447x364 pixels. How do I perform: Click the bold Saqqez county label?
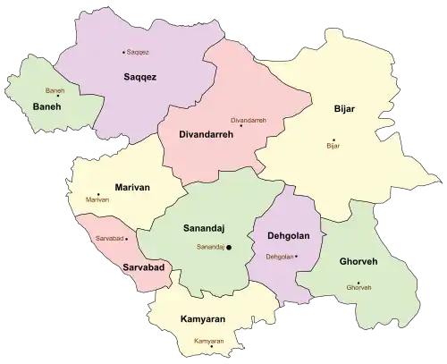(139, 78)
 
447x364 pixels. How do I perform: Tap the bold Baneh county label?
(46, 107)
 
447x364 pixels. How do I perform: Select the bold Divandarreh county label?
(200, 134)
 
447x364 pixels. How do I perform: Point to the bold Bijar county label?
(343, 108)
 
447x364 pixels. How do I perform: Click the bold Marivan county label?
(132, 187)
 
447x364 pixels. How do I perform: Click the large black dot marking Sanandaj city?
(229, 247)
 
